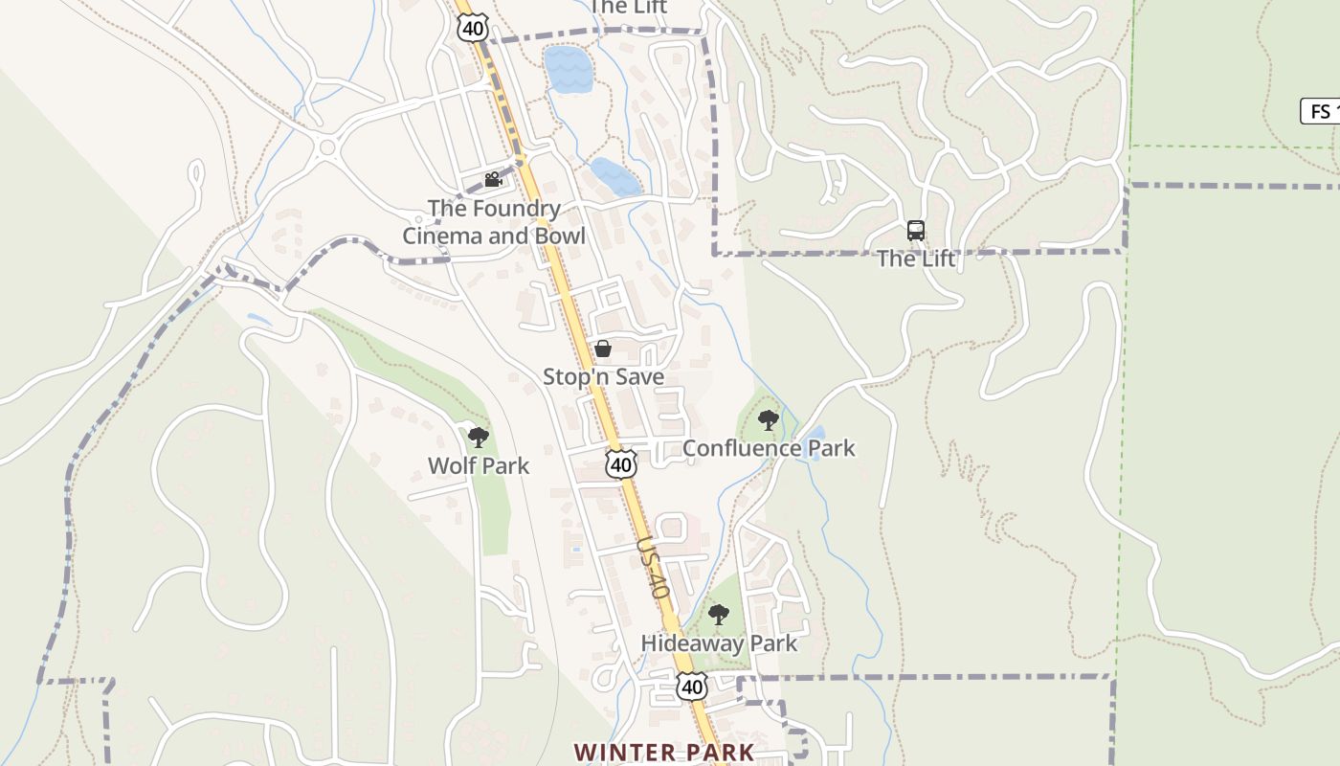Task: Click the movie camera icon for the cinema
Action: [493, 179]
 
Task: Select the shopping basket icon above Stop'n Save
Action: [603, 349]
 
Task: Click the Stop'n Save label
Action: [603, 377]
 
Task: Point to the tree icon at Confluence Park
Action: [768, 419]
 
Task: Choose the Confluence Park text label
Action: [769, 448]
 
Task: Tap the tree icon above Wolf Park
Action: [479, 438]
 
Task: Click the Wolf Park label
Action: [479, 466]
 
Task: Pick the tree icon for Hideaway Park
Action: [719, 615]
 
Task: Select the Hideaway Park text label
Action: [719, 643]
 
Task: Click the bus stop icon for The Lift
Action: [916, 231]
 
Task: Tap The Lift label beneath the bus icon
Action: [916, 259]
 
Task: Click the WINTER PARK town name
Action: [664, 753]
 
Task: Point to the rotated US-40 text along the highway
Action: [652, 568]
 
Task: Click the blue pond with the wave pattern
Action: [569, 69]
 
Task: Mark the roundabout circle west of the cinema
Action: [328, 147]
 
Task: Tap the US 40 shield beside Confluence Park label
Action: [621, 464]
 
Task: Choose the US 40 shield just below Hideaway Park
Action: [692, 686]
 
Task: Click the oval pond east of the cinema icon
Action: [615, 177]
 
